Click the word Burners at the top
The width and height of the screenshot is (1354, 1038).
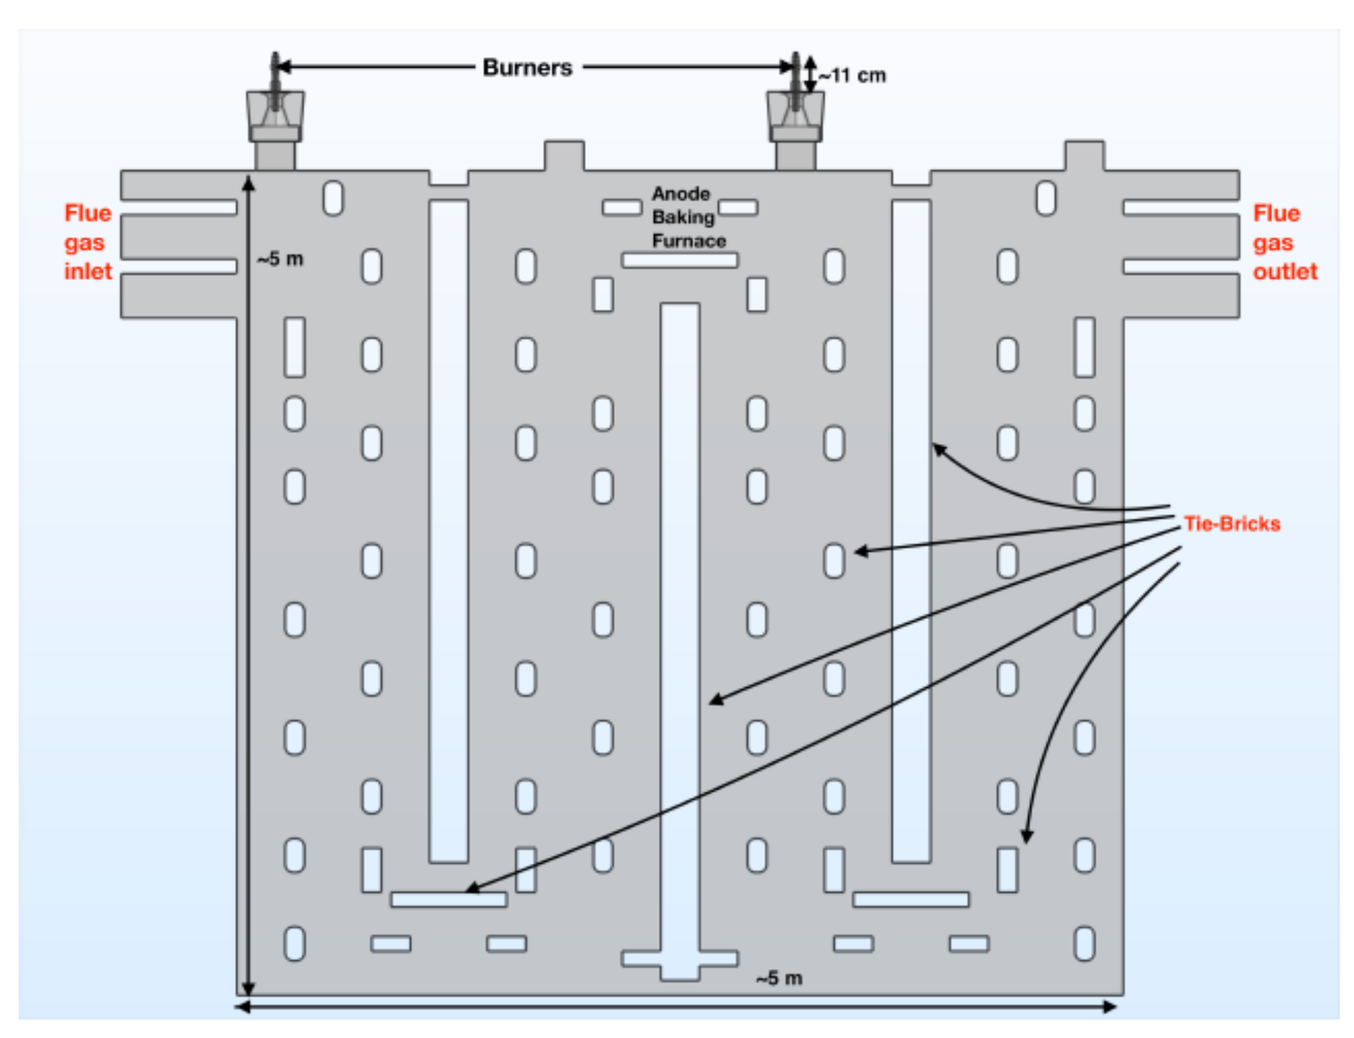coord(527,68)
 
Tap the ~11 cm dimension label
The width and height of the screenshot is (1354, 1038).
coord(853,76)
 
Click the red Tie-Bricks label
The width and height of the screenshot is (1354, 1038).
coord(1232,524)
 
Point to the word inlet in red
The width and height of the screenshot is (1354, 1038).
coord(88,272)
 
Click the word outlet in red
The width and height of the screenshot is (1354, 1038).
coord(1285,272)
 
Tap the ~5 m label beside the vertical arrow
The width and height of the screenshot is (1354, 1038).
coord(280,259)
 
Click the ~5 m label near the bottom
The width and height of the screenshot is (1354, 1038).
coord(779,978)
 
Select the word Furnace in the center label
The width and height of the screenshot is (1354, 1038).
coord(688,241)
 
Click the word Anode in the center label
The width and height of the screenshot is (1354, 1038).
coord(680,194)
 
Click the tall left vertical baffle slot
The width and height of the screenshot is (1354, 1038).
coord(449,530)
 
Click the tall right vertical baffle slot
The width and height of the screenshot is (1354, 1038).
coord(911,530)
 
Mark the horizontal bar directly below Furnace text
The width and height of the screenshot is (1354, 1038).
coord(680,260)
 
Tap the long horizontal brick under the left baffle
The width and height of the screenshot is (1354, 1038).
coord(449,899)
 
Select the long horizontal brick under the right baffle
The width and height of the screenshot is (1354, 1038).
coord(911,899)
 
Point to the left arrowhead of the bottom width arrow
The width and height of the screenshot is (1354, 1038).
coord(242,1008)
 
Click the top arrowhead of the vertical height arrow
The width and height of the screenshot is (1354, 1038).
coord(249,182)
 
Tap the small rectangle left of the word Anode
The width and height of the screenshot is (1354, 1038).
coord(622,207)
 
